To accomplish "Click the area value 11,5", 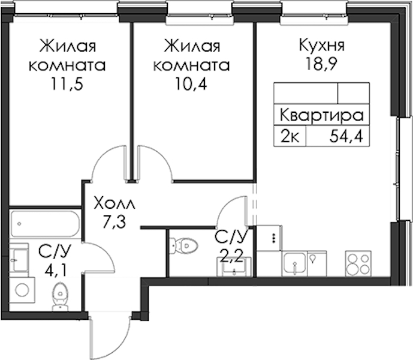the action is coord(67,84).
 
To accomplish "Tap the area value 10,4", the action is coord(191,84).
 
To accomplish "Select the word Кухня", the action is coord(322,46).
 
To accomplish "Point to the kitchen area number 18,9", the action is coord(321,64).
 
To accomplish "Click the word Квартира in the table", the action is coord(322,116).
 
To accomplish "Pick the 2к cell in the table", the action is coord(290,137).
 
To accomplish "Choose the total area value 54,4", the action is coord(346,137).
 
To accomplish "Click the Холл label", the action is coord(115,204).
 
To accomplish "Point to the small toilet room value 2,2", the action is coord(231,256).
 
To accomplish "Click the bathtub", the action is coord(45,224).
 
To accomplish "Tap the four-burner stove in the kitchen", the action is coord(358,263).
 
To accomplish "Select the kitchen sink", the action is coord(294,264).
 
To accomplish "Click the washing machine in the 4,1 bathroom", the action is coord(22,290).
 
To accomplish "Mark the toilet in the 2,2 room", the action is coord(183,245).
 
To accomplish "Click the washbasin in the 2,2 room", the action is coord(234,268).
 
